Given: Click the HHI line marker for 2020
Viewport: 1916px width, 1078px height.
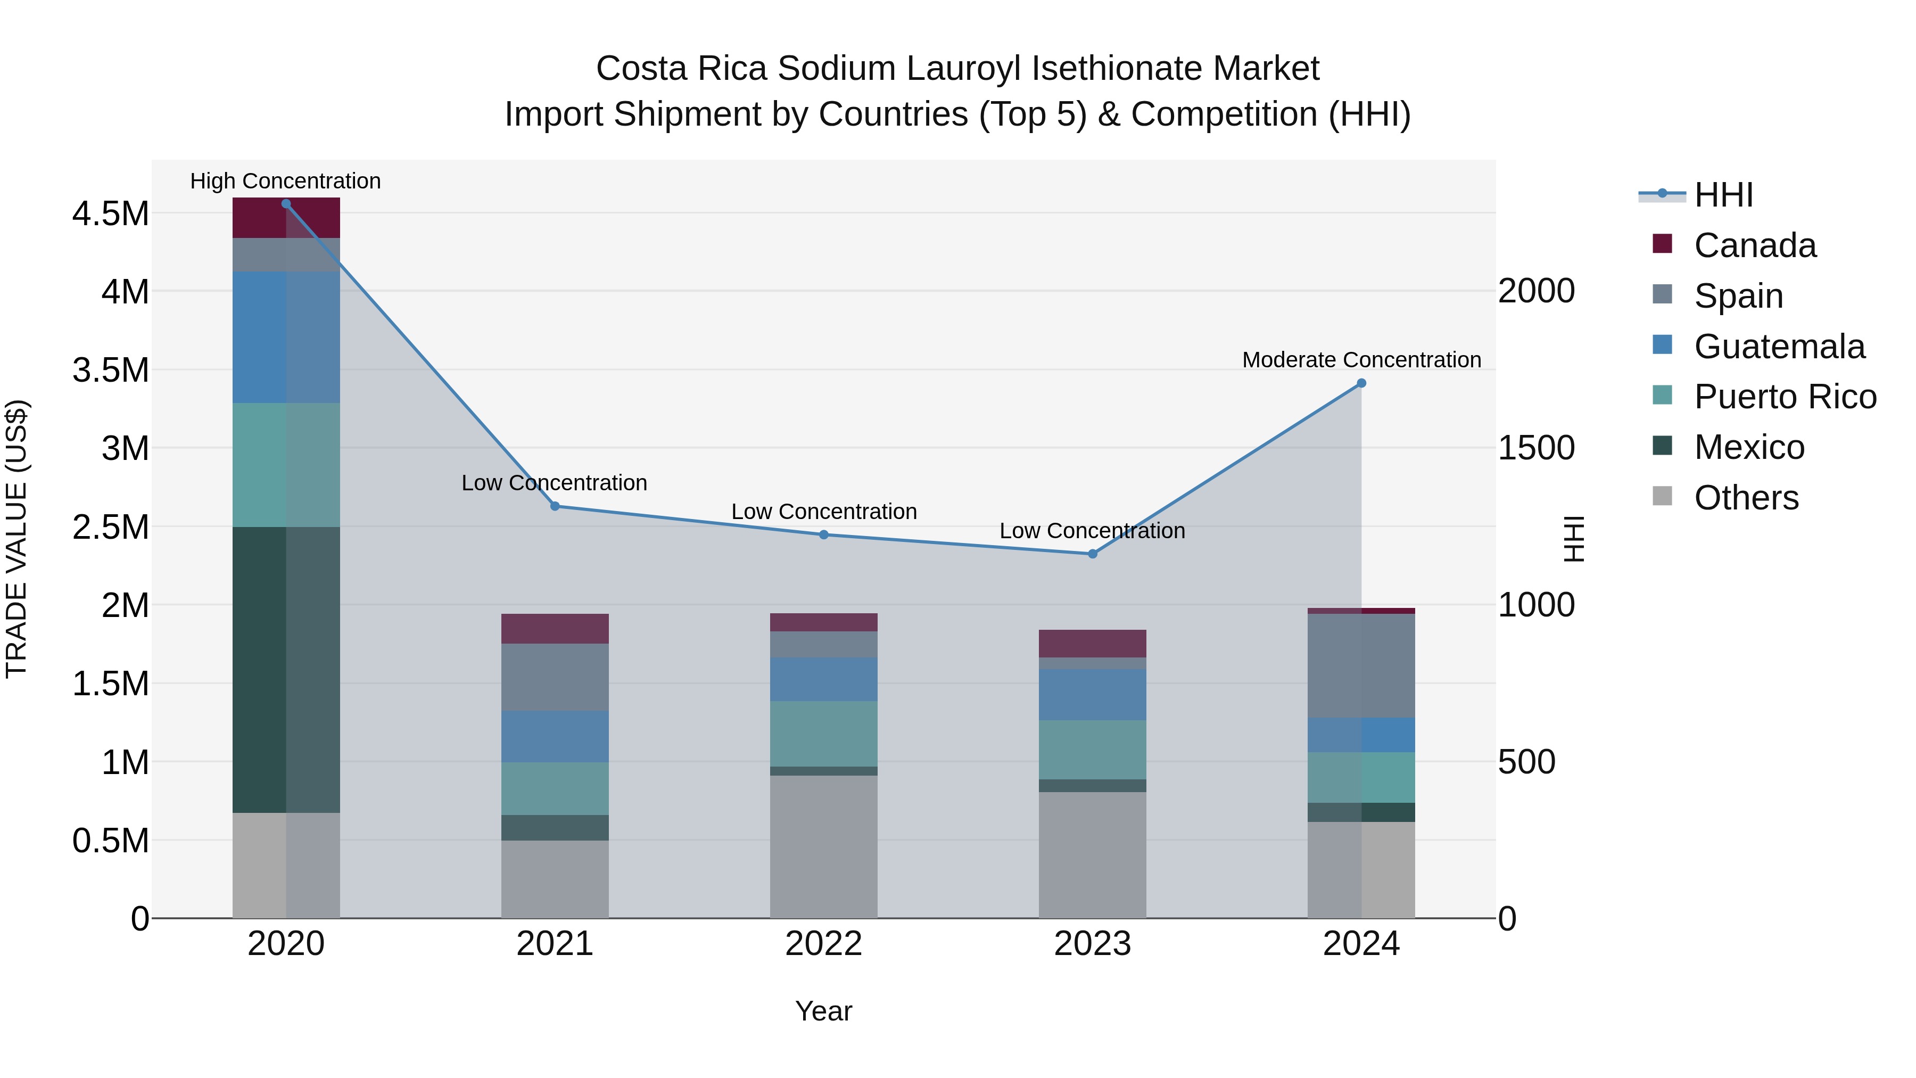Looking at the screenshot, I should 286,204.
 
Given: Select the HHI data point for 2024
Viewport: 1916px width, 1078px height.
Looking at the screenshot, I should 1361,383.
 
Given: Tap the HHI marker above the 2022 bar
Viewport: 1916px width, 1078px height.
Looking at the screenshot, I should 823,534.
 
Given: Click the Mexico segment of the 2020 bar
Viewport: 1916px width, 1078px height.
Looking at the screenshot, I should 286,670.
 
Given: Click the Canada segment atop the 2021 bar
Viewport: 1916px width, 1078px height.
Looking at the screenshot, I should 555,629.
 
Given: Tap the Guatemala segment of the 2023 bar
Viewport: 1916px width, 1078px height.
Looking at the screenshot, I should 1092,694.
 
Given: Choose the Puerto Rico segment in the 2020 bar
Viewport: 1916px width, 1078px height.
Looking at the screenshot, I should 286,465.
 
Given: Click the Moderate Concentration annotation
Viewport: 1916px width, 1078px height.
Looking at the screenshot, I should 1361,360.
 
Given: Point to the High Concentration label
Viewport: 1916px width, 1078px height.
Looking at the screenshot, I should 286,182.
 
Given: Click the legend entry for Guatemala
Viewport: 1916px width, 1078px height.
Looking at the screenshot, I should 1779,347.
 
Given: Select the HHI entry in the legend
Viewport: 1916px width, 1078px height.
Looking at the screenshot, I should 1723,195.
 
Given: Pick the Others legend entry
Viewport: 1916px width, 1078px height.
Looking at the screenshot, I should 1746,498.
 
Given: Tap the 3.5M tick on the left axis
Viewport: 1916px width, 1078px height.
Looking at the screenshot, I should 111,370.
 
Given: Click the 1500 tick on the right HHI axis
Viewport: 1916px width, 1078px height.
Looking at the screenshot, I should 1536,448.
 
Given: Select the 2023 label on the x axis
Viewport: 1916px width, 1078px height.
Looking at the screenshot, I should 1092,944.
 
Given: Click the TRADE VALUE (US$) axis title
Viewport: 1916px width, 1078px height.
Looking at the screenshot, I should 16,539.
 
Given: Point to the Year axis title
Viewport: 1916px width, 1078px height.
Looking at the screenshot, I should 823,1011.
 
